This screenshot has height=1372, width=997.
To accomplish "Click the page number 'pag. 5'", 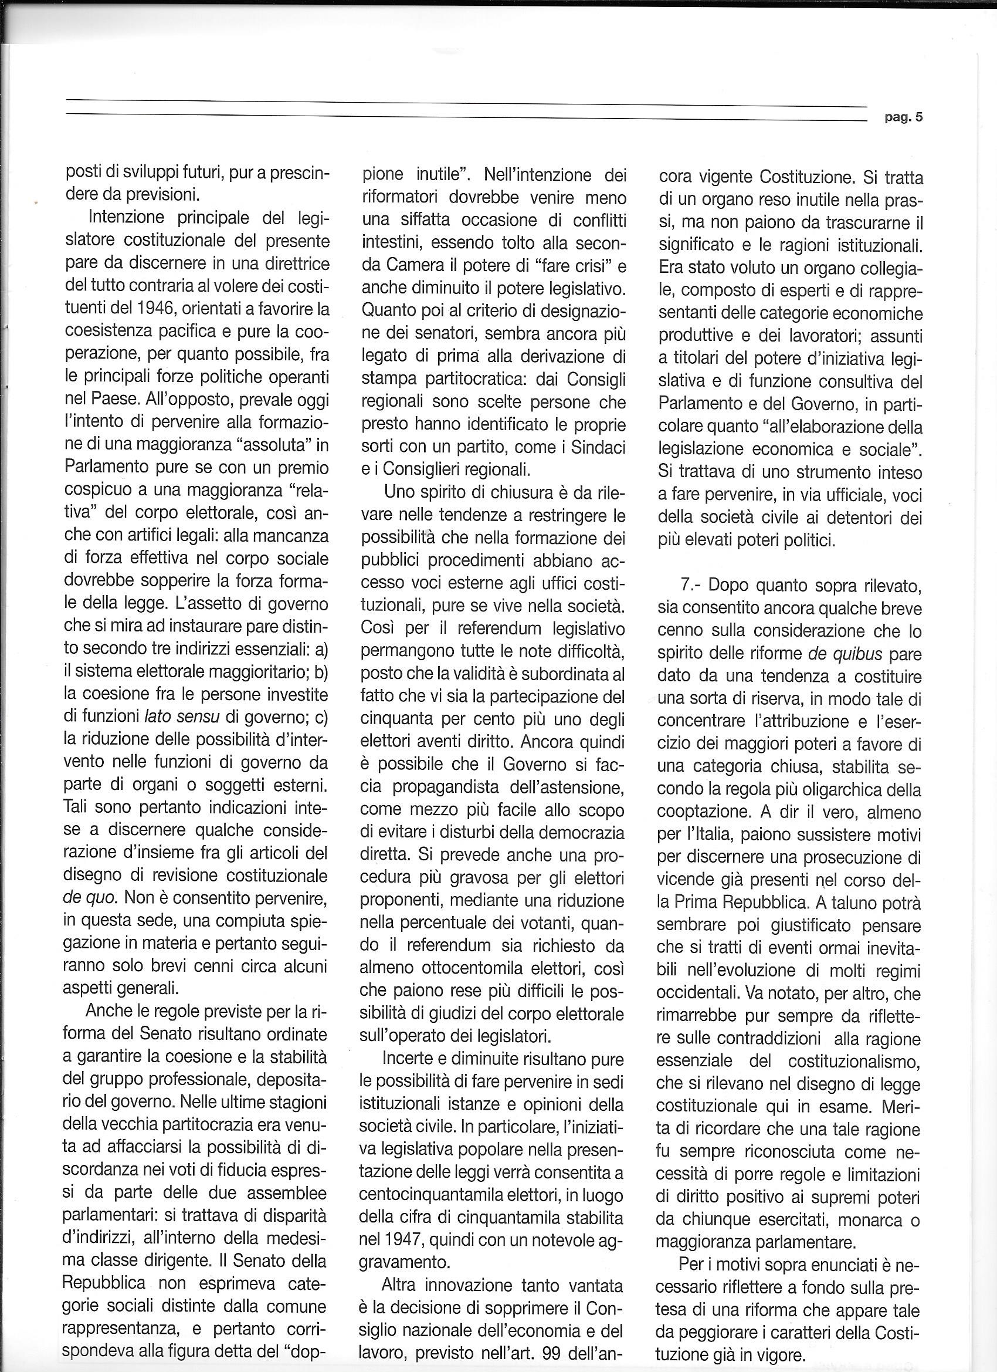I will click(903, 119).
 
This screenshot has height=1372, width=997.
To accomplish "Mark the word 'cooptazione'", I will click(707, 812).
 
